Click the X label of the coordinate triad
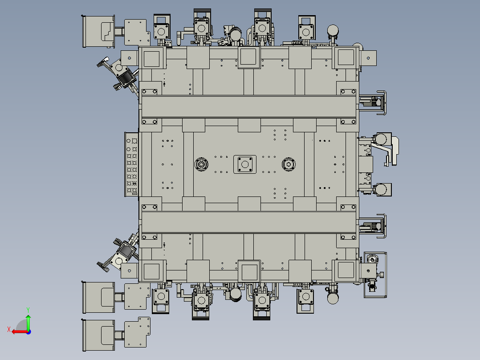[8, 329]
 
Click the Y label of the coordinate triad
[28, 309]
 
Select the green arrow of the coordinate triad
[28, 321]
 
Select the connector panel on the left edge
[132, 164]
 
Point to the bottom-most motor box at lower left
[98, 335]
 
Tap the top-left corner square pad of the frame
[152, 58]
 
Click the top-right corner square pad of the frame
[346, 58]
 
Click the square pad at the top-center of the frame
[248, 57]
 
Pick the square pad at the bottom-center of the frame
[248, 271]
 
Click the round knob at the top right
[333, 30]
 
